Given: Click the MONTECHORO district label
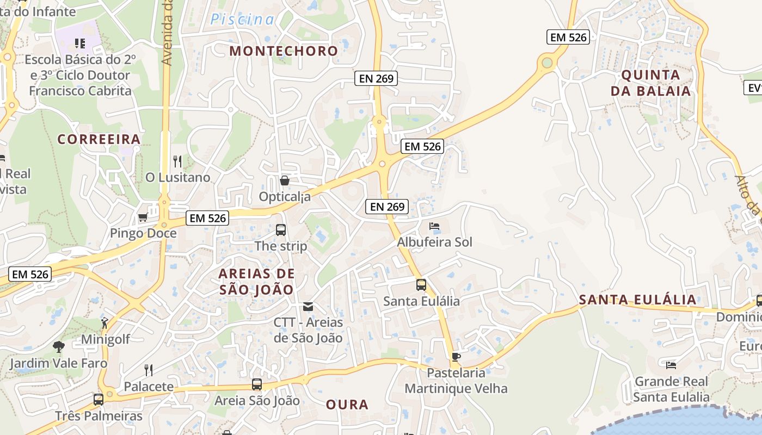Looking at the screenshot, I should tap(284, 51).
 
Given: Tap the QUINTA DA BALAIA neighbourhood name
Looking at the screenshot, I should tap(650, 83).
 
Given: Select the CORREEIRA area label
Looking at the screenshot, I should tap(99, 139).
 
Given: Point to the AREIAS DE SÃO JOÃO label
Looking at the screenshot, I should tap(256, 281).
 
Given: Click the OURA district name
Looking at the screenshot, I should tap(347, 405).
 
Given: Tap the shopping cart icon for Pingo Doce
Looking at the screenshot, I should tap(143, 217).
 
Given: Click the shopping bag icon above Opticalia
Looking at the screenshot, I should tap(284, 181).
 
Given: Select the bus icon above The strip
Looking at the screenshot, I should tap(281, 230).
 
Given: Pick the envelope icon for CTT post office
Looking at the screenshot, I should tap(308, 307).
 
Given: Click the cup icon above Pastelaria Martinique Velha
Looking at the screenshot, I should tap(456, 357).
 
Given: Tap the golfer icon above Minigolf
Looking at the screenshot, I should tap(105, 323).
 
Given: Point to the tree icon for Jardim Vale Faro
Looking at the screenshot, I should tap(58, 346).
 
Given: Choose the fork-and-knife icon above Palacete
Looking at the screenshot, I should tap(148, 370).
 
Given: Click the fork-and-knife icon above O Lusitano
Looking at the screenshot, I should tap(177, 161).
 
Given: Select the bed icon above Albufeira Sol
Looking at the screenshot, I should tap(434, 226).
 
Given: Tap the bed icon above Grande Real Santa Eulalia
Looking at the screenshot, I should tap(671, 365).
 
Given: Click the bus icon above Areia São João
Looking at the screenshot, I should tap(257, 385).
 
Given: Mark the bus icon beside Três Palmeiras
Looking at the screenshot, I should tap(99, 400).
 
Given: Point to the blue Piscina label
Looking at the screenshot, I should tap(242, 20).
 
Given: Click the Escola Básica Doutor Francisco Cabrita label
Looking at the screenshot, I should tap(80, 75).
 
